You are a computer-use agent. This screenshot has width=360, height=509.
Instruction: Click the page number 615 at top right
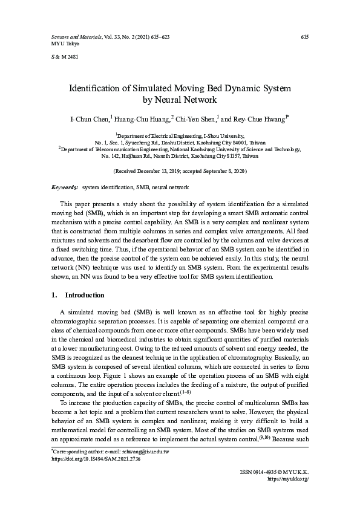click(305, 37)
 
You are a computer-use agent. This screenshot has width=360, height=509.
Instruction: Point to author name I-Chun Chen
click(91, 117)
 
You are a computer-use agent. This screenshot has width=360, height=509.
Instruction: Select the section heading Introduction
click(85, 295)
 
